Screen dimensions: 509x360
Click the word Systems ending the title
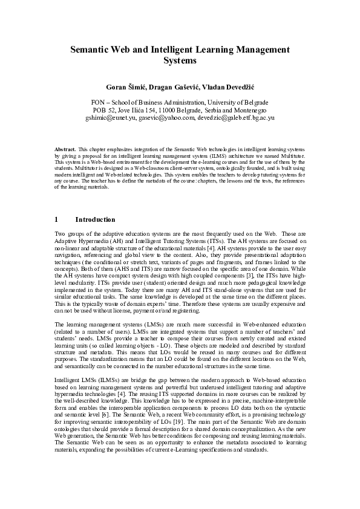[180, 61]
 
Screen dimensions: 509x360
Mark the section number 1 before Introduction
[56, 219]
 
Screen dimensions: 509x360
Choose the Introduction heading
[95, 219]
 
